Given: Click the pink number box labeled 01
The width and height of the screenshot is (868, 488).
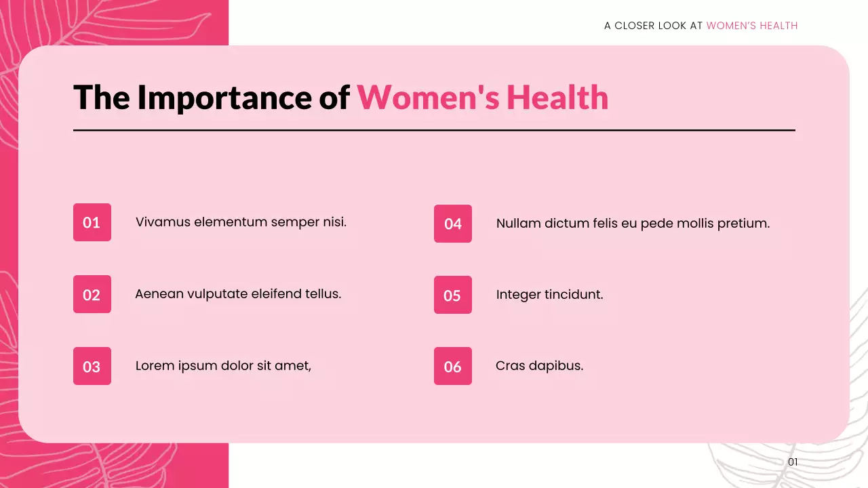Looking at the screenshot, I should (92, 222).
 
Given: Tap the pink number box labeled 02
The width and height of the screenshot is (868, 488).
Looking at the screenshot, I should (92, 294).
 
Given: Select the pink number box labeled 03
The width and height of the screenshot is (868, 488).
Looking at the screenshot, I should (92, 366).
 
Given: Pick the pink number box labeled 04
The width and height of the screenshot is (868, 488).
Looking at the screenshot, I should (452, 224).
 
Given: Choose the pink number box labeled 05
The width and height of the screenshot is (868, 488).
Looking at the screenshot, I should (452, 295).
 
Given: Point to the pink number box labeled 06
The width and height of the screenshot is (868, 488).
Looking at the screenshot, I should (452, 366).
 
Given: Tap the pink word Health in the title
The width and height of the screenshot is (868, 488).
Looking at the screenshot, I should (557, 98).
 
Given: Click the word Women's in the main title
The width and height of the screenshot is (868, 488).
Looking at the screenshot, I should (429, 98).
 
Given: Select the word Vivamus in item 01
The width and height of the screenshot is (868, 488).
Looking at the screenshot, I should (163, 222).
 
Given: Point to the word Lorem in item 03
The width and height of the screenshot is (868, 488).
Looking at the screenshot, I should (155, 366).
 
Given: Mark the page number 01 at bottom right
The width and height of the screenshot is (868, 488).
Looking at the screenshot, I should (793, 462).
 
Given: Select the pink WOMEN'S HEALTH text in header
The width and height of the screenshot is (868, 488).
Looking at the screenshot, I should (752, 26).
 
